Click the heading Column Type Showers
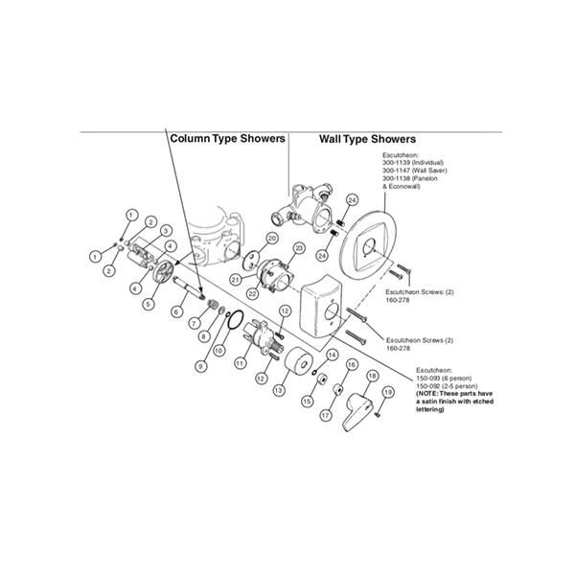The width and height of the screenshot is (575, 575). [x=227, y=138]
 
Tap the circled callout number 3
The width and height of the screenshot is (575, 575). [x=166, y=231]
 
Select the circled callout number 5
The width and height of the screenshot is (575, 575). [x=149, y=304]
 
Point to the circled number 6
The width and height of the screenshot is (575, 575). [x=178, y=312]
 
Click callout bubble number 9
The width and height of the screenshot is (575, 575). [x=200, y=365]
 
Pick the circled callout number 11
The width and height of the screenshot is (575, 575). [x=241, y=364]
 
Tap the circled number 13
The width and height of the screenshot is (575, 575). [x=280, y=391]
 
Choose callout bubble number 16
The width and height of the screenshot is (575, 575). [x=352, y=365]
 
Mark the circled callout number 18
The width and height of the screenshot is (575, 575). [x=372, y=377]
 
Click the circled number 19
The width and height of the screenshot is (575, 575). [x=388, y=393]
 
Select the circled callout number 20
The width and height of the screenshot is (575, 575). [x=272, y=238]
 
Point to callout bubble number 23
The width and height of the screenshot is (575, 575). [x=298, y=249]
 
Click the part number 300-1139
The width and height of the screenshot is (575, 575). [x=400, y=168]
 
